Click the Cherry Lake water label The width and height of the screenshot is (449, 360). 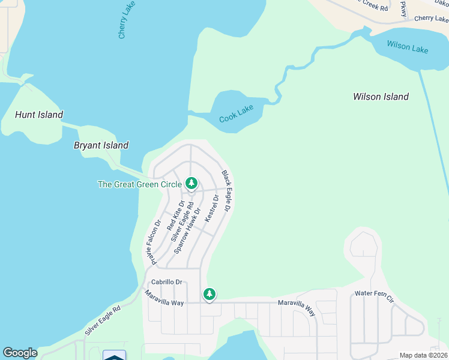click(125, 20)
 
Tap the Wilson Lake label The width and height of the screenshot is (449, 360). click(408, 47)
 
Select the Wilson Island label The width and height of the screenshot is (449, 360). click(381, 97)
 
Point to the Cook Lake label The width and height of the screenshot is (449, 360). click(236, 114)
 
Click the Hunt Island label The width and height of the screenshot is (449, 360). click(39, 115)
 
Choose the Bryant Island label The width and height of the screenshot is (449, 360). click(101, 145)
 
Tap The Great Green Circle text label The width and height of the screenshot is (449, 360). click(139, 184)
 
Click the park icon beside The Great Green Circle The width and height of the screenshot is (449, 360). click(191, 182)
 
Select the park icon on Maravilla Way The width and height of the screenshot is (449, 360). click(209, 294)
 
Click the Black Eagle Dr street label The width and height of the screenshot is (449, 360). click(226, 191)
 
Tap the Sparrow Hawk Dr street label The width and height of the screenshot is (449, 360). click(186, 230)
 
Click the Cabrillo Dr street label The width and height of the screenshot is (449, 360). click(166, 281)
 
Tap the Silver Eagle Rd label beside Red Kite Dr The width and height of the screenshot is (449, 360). click(182, 221)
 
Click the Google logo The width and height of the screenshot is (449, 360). click(20, 353)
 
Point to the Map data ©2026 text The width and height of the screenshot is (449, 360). click(423, 355)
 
